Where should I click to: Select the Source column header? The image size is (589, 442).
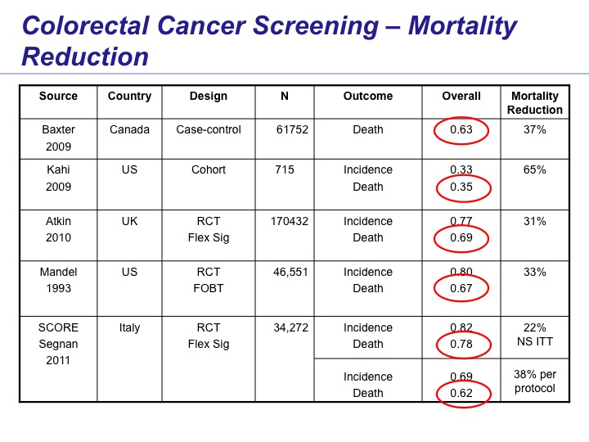(x=58, y=96)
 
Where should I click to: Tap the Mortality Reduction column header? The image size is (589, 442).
(x=535, y=103)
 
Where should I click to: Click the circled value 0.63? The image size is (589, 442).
(x=461, y=129)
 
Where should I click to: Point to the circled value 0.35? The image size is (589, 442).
(x=461, y=187)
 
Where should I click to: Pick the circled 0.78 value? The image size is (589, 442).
(x=461, y=344)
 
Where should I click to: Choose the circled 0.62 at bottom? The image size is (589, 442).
(x=461, y=393)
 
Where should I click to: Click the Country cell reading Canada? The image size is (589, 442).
(x=129, y=129)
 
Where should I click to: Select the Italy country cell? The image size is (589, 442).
(x=129, y=327)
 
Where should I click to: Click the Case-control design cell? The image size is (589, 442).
(x=209, y=129)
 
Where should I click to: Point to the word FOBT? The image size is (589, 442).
(x=209, y=288)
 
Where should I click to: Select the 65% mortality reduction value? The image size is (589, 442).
(x=535, y=169)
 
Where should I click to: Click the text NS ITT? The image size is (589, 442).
(x=535, y=341)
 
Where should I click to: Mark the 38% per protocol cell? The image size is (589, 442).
(x=535, y=381)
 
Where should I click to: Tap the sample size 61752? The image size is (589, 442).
(x=292, y=129)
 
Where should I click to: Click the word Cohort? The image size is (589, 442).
(x=209, y=169)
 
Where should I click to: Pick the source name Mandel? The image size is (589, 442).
(x=58, y=272)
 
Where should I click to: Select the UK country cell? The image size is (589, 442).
(x=129, y=221)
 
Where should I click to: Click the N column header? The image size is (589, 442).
(x=285, y=96)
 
